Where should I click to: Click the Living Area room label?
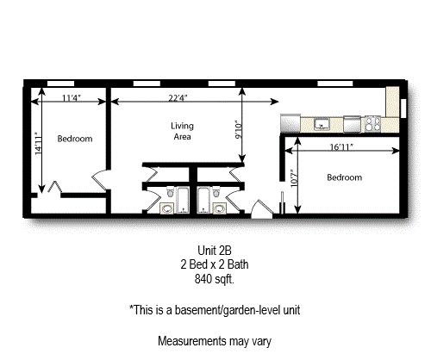(181, 131)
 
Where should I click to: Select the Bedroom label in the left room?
(75, 139)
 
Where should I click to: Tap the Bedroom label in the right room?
(345, 177)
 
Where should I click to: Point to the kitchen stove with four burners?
(373, 123)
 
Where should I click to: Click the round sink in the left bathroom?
(166, 208)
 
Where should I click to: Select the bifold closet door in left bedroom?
(54, 185)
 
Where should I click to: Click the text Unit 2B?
(215, 251)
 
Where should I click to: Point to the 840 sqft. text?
(215, 279)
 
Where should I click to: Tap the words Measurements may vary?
(215, 340)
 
